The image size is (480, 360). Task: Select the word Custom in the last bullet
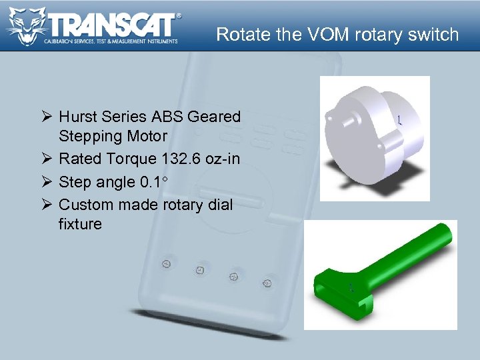(83, 205)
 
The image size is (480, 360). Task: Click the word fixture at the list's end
(80, 224)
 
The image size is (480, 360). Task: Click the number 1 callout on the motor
(399, 121)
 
